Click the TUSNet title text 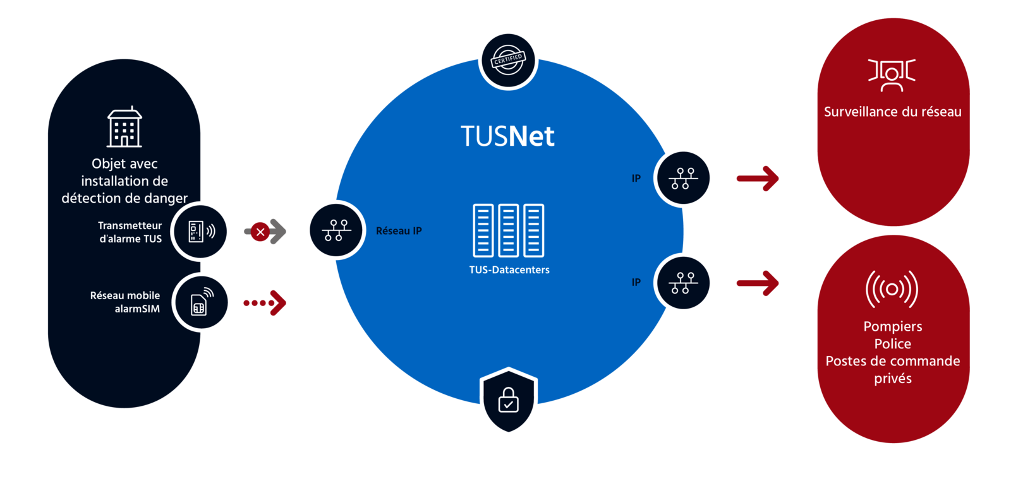(x=507, y=136)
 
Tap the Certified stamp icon (x=508, y=60)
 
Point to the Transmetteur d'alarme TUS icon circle (x=202, y=232)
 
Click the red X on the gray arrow (x=260, y=232)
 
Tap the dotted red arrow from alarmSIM (x=265, y=303)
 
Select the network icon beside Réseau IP (x=336, y=230)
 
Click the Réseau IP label (x=399, y=231)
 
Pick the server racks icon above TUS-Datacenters (x=509, y=230)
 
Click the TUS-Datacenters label (x=509, y=270)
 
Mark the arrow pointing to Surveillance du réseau (x=758, y=179)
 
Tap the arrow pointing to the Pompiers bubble (x=758, y=283)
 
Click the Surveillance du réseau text (x=892, y=112)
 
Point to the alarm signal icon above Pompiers (x=892, y=289)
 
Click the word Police (x=892, y=344)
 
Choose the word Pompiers (x=892, y=326)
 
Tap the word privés (x=892, y=379)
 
